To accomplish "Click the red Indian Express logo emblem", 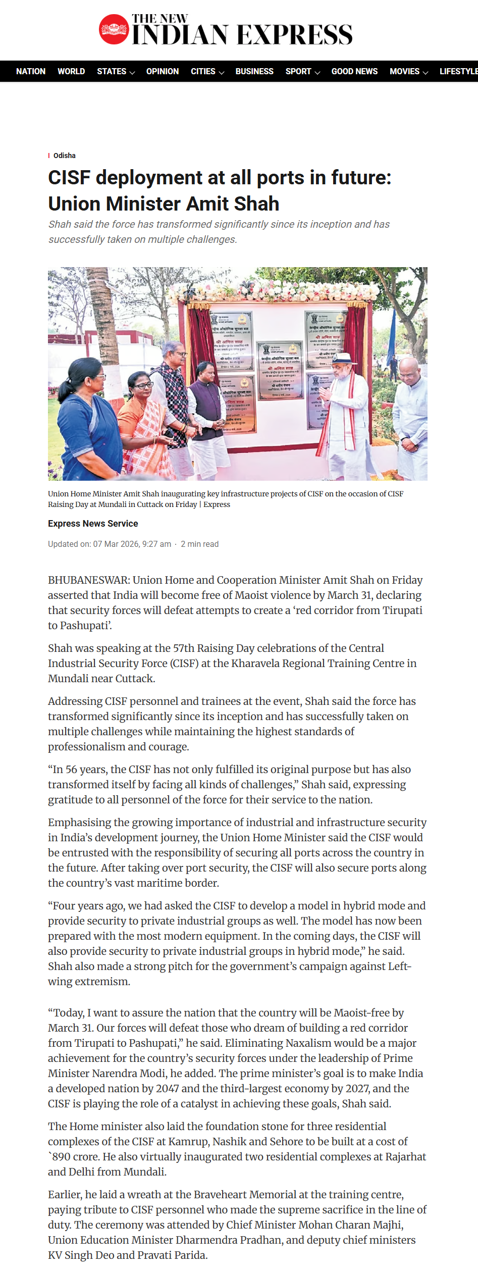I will point(114,29).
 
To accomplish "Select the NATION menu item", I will point(31,71).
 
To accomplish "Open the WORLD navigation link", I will point(71,71).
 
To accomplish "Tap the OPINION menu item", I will point(163,71).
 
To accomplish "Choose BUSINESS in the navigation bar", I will point(254,71).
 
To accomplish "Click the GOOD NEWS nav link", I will point(354,71).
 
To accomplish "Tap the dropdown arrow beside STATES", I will point(132,73).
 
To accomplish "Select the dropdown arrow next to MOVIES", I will point(426,73).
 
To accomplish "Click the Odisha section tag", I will point(65,156).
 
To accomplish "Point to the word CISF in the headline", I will point(69,178).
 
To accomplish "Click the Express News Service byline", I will point(93,524).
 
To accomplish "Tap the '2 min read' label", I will point(200,544).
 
